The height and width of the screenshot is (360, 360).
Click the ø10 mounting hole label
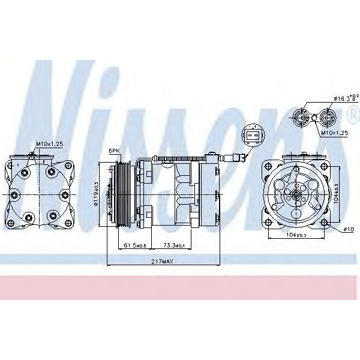coord(347,229)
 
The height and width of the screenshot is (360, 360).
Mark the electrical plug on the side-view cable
coord(235,160)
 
